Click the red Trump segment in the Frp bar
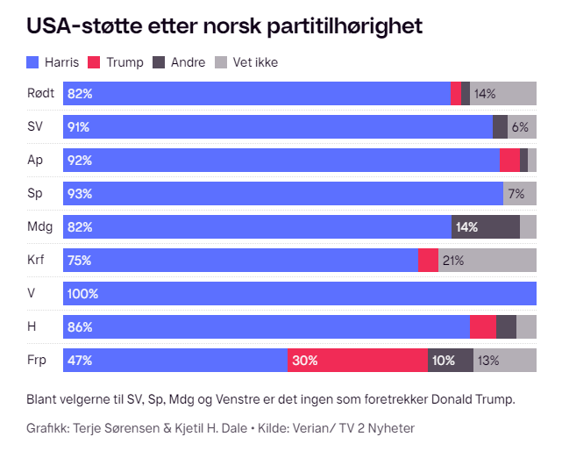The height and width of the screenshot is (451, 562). coord(358,361)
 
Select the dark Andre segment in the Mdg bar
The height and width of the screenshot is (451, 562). coord(486,227)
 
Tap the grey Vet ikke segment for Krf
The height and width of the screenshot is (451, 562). coord(487,261)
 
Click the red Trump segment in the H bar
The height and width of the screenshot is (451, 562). coord(483,327)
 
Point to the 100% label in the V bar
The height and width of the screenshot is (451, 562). coord(83,294)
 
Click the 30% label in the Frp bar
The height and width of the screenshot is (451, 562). coord(305,361)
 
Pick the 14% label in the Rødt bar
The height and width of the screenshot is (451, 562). coord(485,94)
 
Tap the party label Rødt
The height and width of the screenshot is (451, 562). coord(40,93)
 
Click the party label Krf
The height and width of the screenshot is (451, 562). coord(36,260)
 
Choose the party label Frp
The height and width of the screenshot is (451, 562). coord(37,360)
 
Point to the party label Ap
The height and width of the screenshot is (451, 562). coord(34,160)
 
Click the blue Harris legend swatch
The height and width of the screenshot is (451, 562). coord(33,62)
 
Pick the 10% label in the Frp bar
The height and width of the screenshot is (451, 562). coord(444,361)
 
